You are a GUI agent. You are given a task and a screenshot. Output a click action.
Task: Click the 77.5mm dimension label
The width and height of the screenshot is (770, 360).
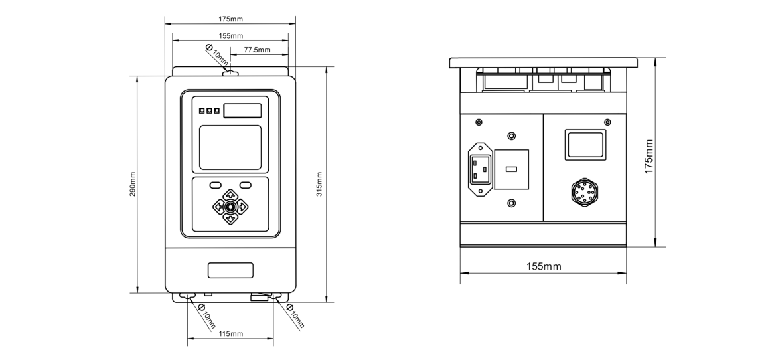[257, 50]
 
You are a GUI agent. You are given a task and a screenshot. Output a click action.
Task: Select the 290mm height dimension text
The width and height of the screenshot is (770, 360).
[133, 185]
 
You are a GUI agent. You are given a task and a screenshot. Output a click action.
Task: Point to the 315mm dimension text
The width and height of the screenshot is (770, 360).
[319, 185]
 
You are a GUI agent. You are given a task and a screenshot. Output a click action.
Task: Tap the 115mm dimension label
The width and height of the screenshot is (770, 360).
[230, 333]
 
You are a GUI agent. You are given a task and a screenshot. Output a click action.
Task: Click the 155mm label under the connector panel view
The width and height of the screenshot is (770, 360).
[544, 266]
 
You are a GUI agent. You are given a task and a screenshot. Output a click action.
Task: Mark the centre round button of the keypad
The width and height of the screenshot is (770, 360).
[230, 206]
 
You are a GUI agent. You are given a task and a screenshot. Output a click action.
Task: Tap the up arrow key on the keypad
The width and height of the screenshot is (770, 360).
[230, 195]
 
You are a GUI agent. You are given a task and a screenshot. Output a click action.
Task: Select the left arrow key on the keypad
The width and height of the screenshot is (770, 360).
[219, 206]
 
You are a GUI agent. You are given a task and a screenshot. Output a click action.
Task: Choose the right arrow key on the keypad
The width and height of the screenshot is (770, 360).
[242, 206]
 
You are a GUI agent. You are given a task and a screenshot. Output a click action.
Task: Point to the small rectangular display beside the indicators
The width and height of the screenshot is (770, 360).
[242, 110]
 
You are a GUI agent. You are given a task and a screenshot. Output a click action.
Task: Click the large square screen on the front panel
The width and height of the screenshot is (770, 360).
[230, 147]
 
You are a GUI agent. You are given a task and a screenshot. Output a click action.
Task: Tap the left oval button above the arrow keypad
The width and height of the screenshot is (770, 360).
[216, 185]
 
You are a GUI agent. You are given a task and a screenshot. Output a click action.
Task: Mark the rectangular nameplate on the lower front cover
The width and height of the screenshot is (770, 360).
[230, 270]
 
